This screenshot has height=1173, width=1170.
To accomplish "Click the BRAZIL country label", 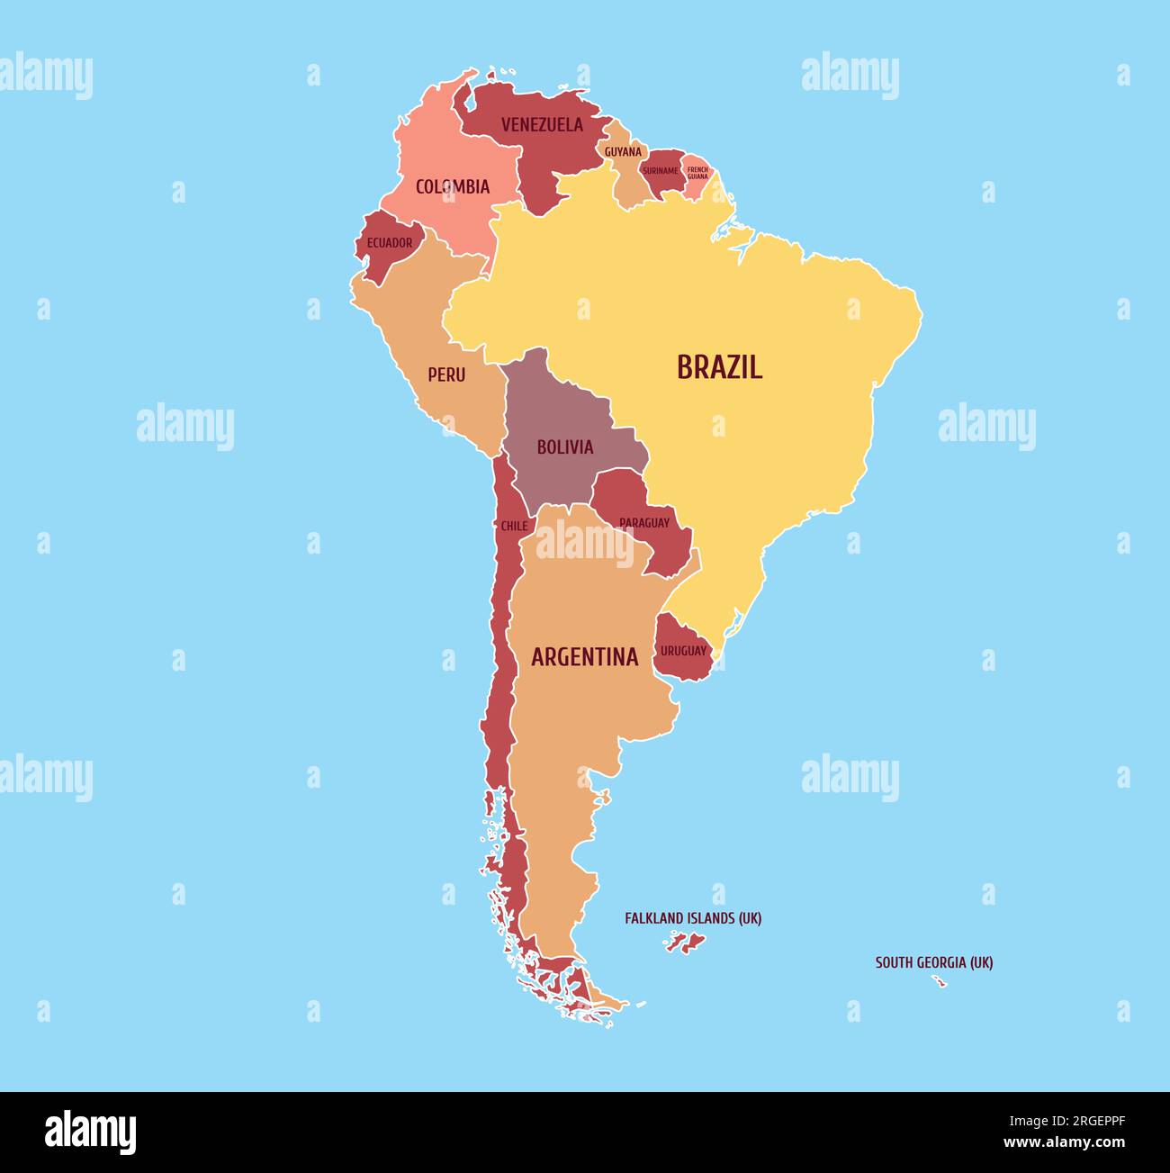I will (719, 367).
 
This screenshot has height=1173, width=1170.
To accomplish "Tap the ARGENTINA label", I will (584, 657).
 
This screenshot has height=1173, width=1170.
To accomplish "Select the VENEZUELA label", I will (542, 125).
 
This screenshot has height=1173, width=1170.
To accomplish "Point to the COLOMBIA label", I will (453, 187).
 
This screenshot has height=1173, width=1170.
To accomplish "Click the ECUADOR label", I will (390, 243).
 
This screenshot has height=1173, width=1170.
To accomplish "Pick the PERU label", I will (446, 374).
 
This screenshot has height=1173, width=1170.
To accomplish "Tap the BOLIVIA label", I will (565, 447).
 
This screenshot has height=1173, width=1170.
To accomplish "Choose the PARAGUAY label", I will (644, 523).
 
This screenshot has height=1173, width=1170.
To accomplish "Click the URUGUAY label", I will (684, 651).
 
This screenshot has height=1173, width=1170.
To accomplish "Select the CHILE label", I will (514, 526).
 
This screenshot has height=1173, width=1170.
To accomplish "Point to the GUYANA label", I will (623, 152).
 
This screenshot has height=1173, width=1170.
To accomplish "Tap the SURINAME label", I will (661, 171).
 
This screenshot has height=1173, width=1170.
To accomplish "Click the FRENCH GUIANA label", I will (697, 172).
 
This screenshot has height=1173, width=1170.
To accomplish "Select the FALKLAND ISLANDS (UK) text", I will (693, 919).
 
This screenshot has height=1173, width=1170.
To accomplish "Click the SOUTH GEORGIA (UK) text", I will (934, 962).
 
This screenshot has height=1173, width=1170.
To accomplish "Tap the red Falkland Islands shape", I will (687, 943).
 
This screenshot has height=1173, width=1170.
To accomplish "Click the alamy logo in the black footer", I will (91, 1132).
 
